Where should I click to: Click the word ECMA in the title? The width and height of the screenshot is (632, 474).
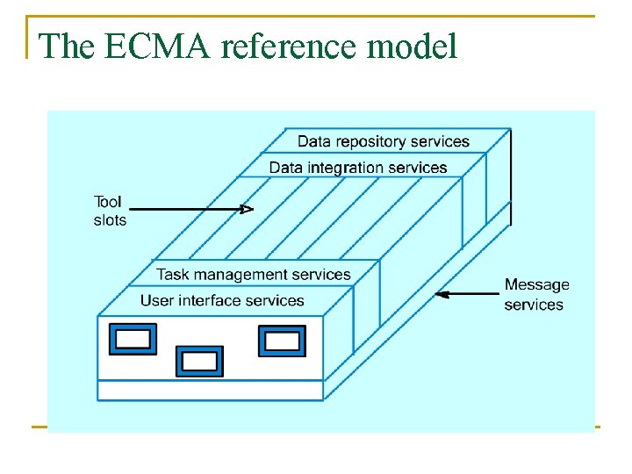tap(159, 47)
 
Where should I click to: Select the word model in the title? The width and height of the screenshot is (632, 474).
tap(413, 47)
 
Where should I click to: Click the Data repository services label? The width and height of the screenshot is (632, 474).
tap(383, 141)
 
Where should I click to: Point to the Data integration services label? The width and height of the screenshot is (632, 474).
tap(357, 168)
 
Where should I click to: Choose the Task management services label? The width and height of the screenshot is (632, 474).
tap(254, 274)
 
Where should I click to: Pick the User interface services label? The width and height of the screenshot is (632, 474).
tap(222, 301)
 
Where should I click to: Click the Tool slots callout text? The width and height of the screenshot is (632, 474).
tap(110, 211)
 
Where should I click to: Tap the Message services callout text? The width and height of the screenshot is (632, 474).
tap(535, 295)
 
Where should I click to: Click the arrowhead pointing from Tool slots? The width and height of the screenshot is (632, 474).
tap(248, 209)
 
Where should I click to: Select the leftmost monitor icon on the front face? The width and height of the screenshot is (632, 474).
tap(133, 339)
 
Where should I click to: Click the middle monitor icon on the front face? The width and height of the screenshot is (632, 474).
tap(199, 361)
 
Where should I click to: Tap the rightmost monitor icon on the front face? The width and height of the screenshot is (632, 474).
tap(282, 341)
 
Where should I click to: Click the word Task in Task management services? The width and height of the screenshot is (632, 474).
tap(173, 274)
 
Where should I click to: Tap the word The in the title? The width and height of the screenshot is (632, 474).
tap(68, 47)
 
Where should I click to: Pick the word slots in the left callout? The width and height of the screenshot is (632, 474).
tap(110, 219)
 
